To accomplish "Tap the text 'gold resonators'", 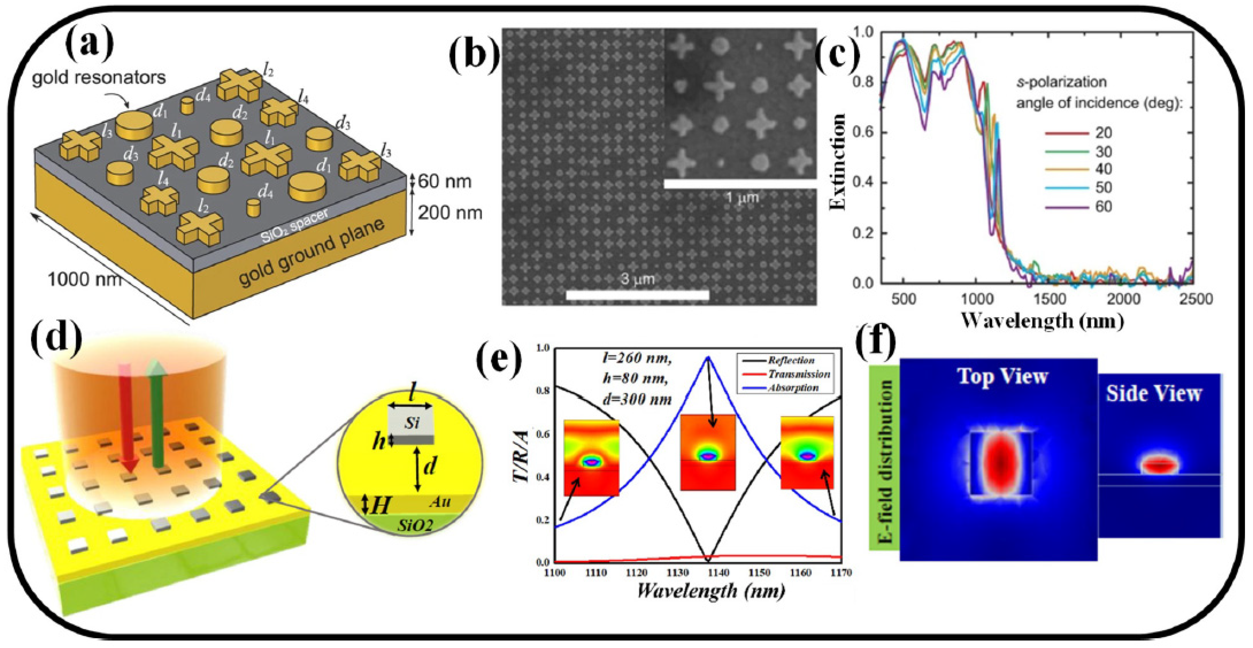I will click(x=99, y=77).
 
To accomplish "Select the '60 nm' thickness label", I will click(x=444, y=181).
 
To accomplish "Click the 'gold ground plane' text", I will click(x=311, y=253).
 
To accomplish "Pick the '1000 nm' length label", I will click(x=84, y=279).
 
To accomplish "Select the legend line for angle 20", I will click(x=1067, y=133).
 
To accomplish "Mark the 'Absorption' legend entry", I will click(x=793, y=388).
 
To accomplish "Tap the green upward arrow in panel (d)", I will click(x=157, y=413).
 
